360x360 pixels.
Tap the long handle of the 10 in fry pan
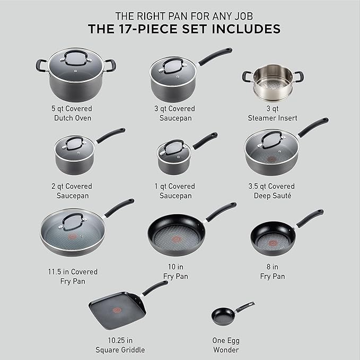(221, 211)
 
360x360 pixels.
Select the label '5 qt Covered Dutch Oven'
(71, 113)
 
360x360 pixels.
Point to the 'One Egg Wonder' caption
(225, 345)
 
